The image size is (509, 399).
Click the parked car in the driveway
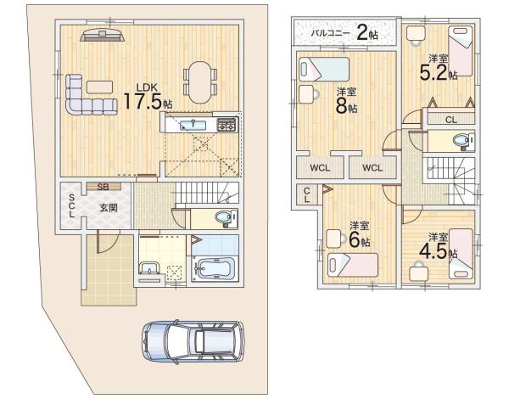click(x=193, y=341)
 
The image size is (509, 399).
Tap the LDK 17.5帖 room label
click(x=148, y=97)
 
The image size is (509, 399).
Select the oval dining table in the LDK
click(x=200, y=82)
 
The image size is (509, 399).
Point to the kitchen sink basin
click(x=193, y=125)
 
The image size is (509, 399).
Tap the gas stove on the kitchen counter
click(x=227, y=124)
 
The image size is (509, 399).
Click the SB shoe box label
click(x=103, y=187)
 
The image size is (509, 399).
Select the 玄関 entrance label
click(x=109, y=208)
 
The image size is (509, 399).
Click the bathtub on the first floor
click(x=214, y=269)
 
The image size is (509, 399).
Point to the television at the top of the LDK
click(x=103, y=35)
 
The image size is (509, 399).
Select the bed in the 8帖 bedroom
click(x=324, y=70)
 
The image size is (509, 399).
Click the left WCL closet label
click(x=320, y=167)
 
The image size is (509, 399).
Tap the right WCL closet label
click(x=372, y=167)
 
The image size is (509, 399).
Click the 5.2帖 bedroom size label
click(x=439, y=72)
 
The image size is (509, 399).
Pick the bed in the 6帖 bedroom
click(x=353, y=265)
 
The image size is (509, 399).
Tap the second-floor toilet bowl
click(x=461, y=141)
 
